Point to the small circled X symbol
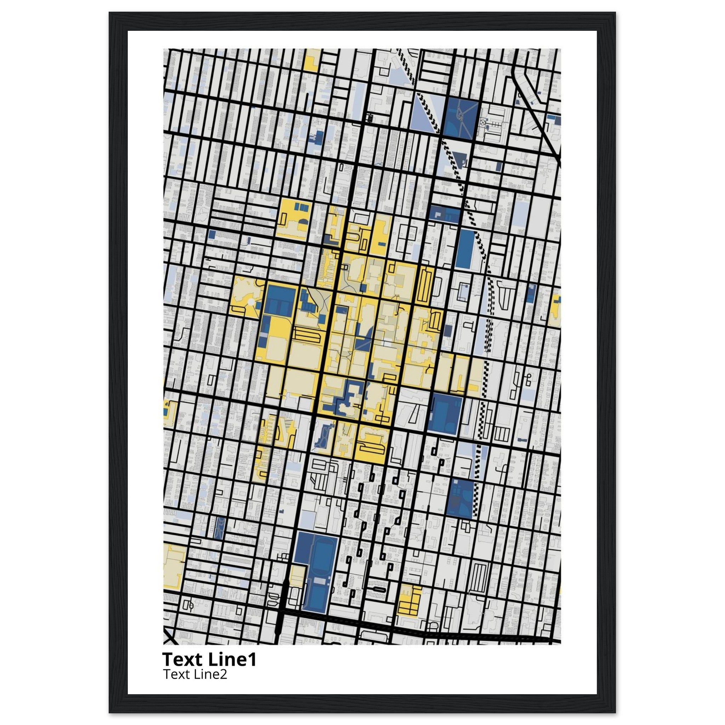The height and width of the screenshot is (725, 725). [x=483, y=122]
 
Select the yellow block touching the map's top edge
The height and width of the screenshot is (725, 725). [x=311, y=60]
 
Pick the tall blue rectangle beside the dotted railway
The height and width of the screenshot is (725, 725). [x=465, y=248]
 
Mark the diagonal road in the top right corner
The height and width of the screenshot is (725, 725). [x=537, y=113]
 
